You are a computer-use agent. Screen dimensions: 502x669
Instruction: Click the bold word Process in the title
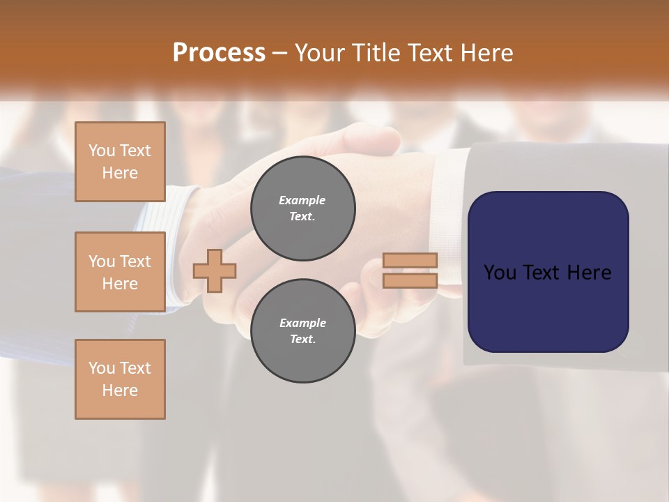click(x=219, y=53)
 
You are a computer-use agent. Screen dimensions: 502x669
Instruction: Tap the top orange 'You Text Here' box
click(x=120, y=162)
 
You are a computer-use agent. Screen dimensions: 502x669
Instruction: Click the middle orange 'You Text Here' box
click(x=120, y=272)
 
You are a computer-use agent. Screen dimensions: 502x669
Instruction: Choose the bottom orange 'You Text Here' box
click(x=120, y=379)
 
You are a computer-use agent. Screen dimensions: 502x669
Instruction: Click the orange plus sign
click(x=215, y=271)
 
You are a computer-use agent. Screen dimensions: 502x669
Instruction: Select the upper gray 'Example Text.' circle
click(x=302, y=208)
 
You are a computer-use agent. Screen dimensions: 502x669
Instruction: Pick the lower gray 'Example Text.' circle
click(x=302, y=331)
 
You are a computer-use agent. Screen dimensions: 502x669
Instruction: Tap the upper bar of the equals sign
click(x=410, y=261)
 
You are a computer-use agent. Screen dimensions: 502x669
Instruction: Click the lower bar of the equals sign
click(x=410, y=281)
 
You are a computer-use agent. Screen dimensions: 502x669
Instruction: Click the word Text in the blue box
click(x=546, y=273)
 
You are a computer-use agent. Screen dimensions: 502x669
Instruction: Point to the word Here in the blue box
click(x=589, y=273)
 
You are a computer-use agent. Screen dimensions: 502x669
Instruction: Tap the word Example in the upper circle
click(x=302, y=200)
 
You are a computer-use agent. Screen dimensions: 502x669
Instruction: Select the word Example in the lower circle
click(x=302, y=323)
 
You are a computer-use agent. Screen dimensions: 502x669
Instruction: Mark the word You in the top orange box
click(x=101, y=151)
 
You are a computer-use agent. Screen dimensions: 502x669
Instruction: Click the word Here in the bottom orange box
click(x=120, y=390)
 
